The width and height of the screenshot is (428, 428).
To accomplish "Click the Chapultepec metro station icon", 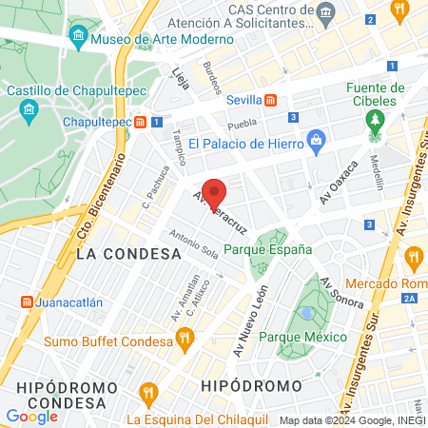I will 140,122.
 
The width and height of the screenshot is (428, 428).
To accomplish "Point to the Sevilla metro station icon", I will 271,100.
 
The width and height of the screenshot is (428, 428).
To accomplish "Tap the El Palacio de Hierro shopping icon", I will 318,144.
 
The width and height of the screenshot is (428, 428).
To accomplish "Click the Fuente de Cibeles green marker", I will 375,121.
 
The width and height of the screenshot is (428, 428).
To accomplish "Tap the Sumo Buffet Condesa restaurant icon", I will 185,336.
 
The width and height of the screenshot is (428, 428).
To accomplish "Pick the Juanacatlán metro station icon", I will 26,303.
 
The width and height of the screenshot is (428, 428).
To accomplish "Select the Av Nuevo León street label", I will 249,321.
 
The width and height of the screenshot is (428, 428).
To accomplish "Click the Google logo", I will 31,416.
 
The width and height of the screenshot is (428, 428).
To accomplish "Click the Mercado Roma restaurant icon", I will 413,256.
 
